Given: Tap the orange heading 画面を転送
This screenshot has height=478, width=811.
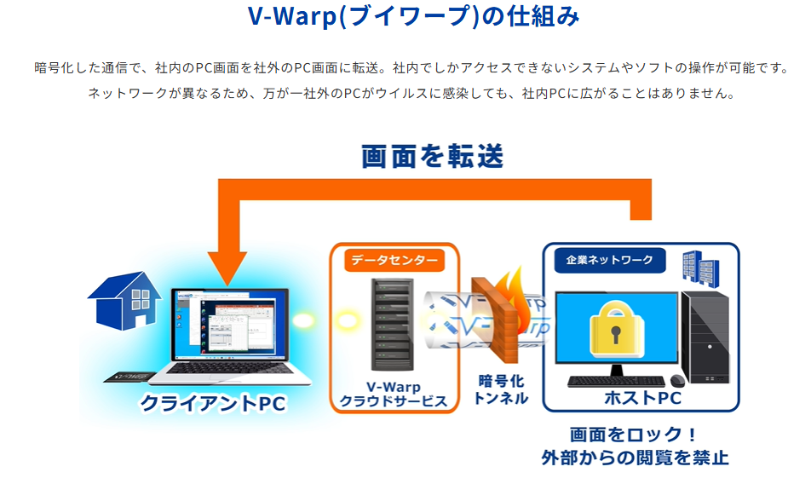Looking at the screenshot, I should (433, 156).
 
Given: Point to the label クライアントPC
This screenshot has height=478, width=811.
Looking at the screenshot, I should (214, 403).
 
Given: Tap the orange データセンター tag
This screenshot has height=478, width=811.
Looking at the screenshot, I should (394, 259).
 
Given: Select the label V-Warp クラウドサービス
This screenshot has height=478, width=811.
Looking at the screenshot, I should (394, 393).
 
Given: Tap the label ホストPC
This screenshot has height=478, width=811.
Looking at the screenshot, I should (642, 398).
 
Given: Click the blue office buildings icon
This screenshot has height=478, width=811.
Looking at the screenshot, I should (698, 268).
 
